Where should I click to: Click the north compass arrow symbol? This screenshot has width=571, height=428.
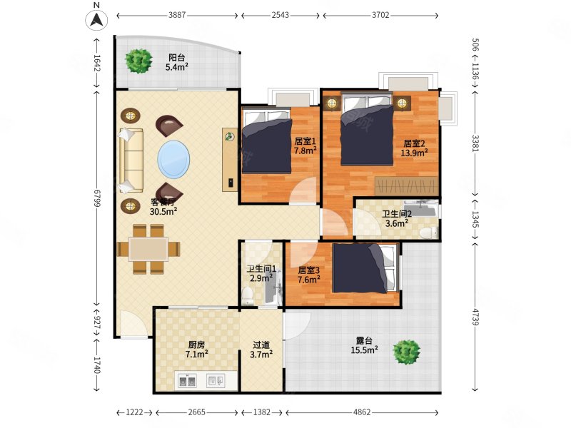[x=96, y=20]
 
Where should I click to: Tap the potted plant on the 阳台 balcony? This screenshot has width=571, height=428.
[x=138, y=61]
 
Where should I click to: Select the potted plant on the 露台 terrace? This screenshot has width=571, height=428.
[x=406, y=352]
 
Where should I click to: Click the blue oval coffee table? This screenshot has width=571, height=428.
[x=173, y=159]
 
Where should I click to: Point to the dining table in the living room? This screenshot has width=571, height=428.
[x=148, y=249]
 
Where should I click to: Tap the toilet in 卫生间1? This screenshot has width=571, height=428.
[x=248, y=296]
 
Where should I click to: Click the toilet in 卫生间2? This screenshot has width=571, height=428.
[x=429, y=233]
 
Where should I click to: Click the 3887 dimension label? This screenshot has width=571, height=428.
[x=177, y=15]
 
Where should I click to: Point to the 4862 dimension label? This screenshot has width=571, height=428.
[x=362, y=412]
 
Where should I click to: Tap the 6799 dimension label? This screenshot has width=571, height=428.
[x=97, y=198]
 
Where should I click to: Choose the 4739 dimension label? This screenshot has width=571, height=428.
[x=475, y=316]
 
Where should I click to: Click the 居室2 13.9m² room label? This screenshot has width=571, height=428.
[x=414, y=148]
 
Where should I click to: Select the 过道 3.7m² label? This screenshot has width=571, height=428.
[x=261, y=350]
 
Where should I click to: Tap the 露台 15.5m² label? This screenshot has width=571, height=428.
[x=364, y=345]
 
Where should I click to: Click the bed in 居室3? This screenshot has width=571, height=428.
[x=364, y=268]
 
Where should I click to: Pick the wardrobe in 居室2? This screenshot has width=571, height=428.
[x=406, y=186]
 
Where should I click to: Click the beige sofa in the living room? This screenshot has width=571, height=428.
[x=131, y=160]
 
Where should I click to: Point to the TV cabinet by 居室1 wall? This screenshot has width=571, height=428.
[x=230, y=159]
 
